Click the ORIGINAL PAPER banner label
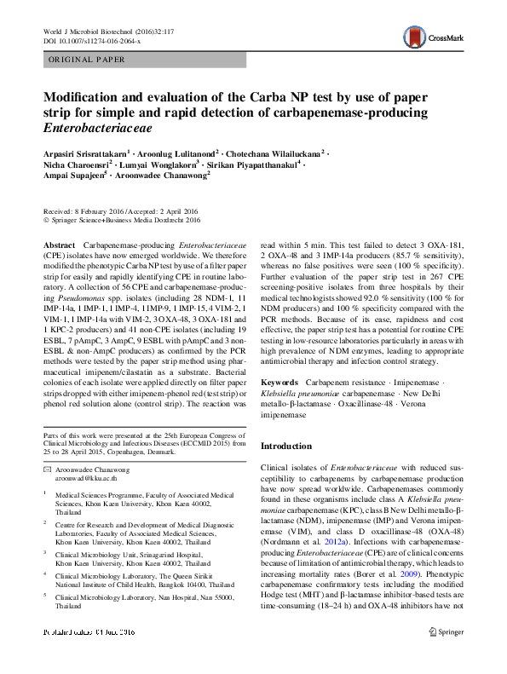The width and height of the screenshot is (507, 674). tap(87, 60)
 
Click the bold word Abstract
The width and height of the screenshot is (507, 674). tap(59, 245)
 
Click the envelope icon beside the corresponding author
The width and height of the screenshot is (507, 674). tap(48, 469)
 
